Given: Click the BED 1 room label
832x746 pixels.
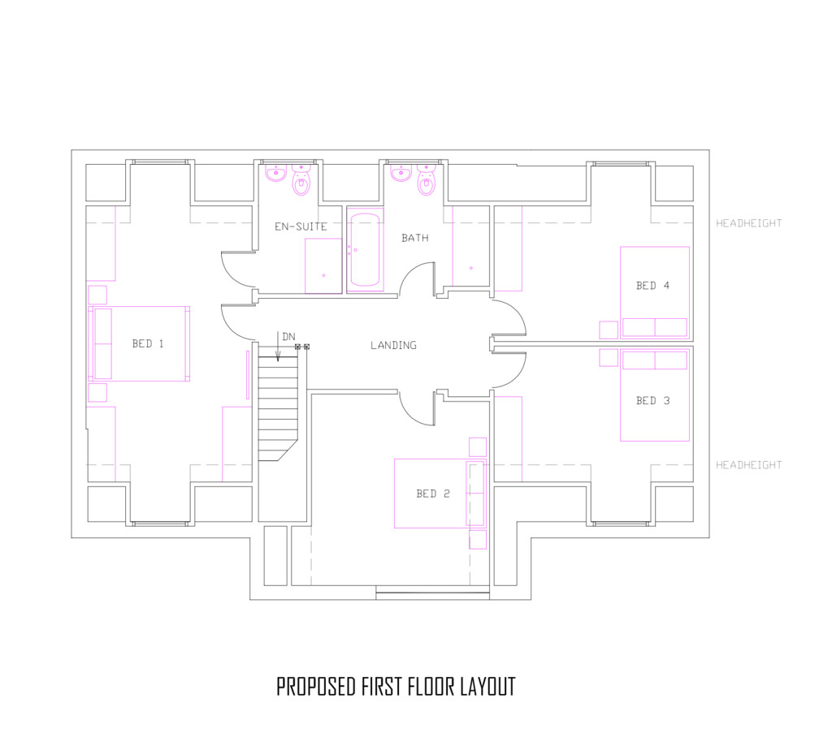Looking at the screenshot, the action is click(x=148, y=343).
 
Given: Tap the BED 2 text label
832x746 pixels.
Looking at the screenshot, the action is click(x=433, y=494).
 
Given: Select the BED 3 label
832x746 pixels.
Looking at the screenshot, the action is click(x=652, y=401).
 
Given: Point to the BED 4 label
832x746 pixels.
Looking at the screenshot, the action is click(x=652, y=286).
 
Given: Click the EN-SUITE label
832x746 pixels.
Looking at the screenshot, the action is click(x=301, y=226).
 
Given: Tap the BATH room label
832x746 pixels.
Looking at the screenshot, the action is click(x=415, y=238).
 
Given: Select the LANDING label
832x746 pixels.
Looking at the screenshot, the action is click(x=393, y=345).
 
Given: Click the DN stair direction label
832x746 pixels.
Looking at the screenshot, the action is click(x=288, y=337).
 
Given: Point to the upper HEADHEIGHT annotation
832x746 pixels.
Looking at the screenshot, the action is click(x=748, y=223).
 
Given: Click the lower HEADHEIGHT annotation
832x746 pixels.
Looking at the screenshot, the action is click(x=748, y=465).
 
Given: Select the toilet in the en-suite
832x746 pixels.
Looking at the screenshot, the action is click(x=301, y=180).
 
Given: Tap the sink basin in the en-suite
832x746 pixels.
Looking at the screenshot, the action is click(x=276, y=173).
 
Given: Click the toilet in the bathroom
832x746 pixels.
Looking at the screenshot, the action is click(x=427, y=180).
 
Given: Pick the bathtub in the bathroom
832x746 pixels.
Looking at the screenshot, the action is click(x=365, y=250).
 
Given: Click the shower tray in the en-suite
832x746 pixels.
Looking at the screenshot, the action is click(x=323, y=265).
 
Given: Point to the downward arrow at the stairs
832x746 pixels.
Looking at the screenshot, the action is click(x=278, y=347).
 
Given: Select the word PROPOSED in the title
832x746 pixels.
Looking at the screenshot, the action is click(x=316, y=687).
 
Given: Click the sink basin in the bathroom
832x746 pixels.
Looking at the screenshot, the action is click(x=401, y=173).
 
